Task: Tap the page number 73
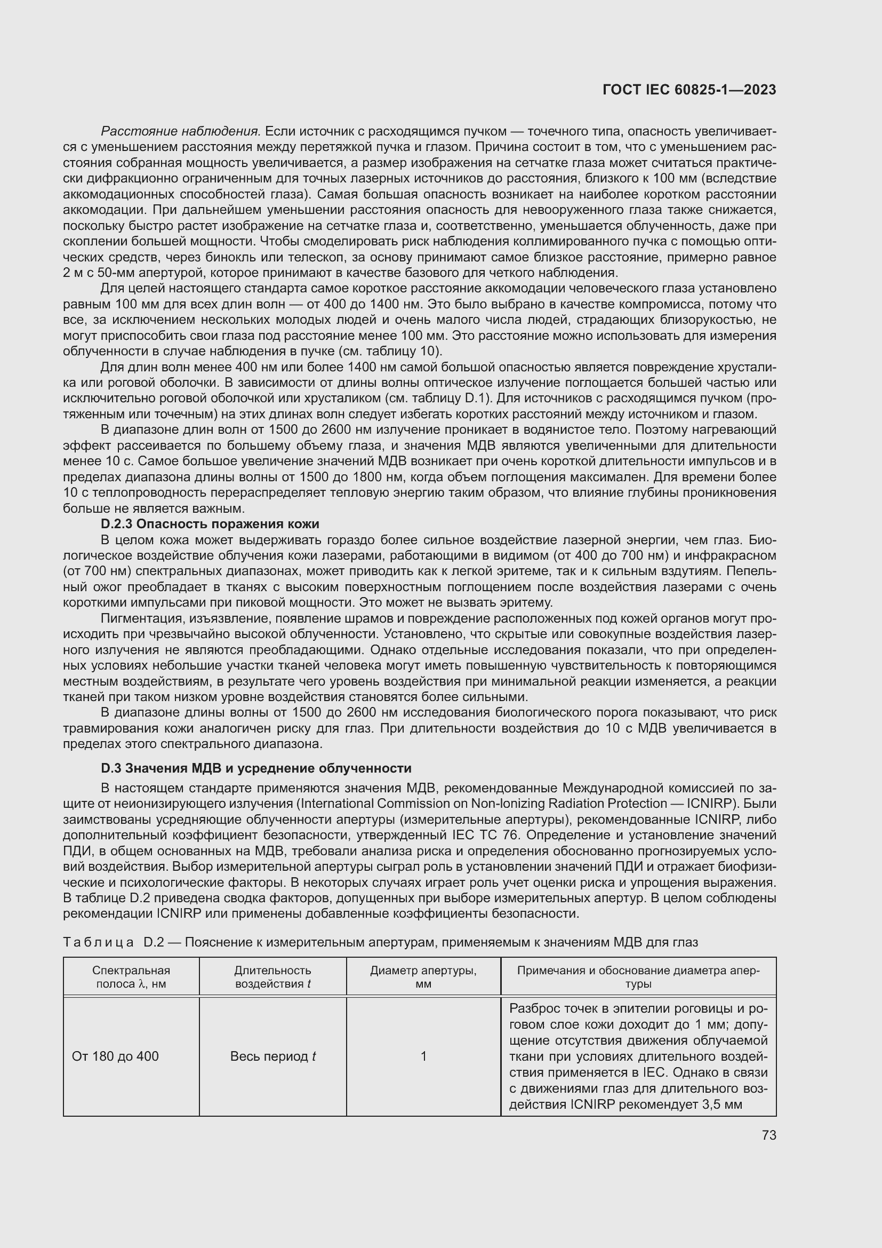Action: tap(768, 1135)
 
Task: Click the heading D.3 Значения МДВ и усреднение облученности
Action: tap(256, 768)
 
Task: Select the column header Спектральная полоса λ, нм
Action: tap(131, 977)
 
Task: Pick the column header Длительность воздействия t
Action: tap(272, 977)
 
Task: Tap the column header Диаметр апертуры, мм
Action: tap(423, 977)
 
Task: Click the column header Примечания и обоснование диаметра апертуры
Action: tap(638, 977)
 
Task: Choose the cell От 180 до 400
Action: tap(115, 1056)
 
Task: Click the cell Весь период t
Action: tap(272, 1056)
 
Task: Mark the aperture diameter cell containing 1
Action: tap(423, 1056)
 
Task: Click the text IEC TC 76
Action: tap(486, 835)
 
